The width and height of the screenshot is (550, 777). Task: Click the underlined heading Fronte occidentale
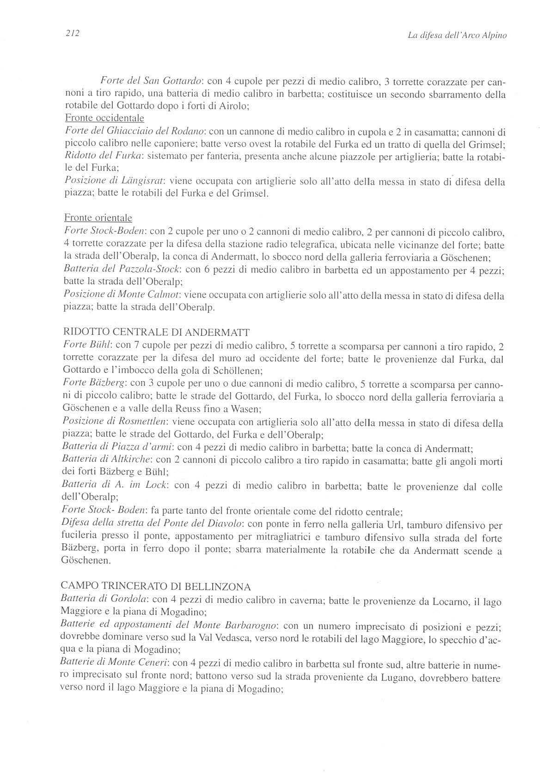(x=104, y=118)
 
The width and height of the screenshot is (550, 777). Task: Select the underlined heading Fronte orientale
(x=98, y=218)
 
